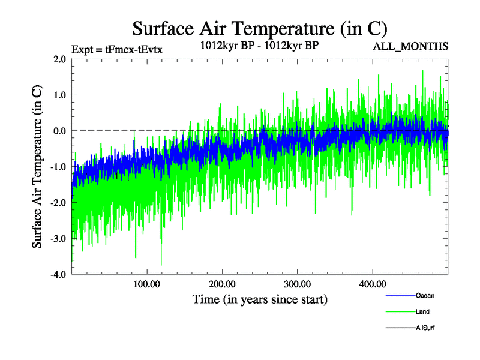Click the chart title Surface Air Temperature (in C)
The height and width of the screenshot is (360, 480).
pos(259,28)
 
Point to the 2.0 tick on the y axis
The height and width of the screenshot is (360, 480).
pos(59,59)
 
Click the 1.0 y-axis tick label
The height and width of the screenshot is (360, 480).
pos(59,95)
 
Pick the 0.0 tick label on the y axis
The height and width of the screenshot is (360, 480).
pos(59,131)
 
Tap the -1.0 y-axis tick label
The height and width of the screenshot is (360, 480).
pos(58,167)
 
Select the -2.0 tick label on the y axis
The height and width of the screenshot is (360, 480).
pos(58,203)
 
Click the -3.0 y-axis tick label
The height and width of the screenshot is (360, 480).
pos(58,239)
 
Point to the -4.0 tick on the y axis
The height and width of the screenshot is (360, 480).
pos(58,275)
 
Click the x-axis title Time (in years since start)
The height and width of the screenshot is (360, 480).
pos(260,299)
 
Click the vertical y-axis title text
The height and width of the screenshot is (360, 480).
pos(37,167)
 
